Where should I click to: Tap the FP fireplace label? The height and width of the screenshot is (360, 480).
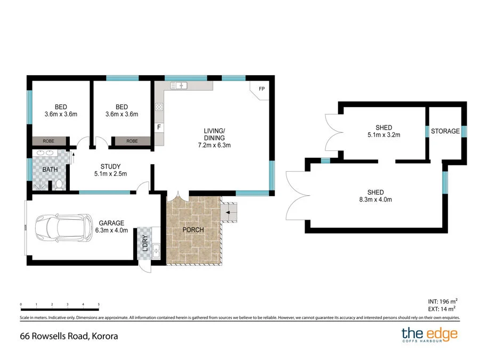tap(261, 89)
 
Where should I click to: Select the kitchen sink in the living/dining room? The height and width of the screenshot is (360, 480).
tap(178, 85)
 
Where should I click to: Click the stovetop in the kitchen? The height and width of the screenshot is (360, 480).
tap(159, 107)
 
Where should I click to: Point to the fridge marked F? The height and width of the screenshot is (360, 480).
tap(158, 127)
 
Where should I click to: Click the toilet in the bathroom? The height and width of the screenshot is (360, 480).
tap(59, 185)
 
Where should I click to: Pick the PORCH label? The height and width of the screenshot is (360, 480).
tap(193, 230)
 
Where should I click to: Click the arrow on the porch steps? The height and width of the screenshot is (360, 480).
tap(228, 213)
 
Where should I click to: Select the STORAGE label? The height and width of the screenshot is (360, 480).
tap(445, 131)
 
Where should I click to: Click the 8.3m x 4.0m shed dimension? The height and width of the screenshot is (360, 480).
tap(380, 200)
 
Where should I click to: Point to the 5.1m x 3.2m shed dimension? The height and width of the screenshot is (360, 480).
tap(383, 135)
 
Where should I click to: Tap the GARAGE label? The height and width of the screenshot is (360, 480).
tap(111, 223)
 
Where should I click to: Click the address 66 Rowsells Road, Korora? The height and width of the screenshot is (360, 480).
tap(69, 336)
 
